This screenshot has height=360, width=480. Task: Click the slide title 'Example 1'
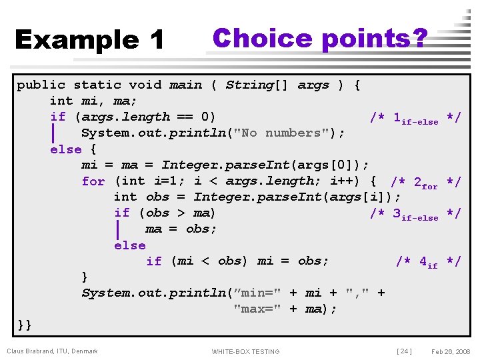tap(89, 40)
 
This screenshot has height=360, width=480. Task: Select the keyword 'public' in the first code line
tap(41, 85)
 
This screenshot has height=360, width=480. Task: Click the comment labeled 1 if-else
tap(415, 118)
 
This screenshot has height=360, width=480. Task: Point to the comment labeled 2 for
tap(425, 182)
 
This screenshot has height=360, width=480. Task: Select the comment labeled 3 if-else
tap(415, 214)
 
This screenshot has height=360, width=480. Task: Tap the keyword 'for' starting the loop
tap(93, 181)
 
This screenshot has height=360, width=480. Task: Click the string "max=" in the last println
tap(258, 309)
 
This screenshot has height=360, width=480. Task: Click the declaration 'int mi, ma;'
tap(93, 101)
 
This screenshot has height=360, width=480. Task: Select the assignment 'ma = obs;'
tap(181, 229)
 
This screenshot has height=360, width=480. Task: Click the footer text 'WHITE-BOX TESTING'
tap(245, 351)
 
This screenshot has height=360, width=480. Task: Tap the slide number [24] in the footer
tap(404, 351)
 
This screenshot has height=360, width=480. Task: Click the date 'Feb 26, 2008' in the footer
tap(451, 351)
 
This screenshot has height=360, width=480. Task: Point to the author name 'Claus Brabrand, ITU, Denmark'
tap(52, 351)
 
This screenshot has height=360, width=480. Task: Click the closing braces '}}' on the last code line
tap(25, 325)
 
